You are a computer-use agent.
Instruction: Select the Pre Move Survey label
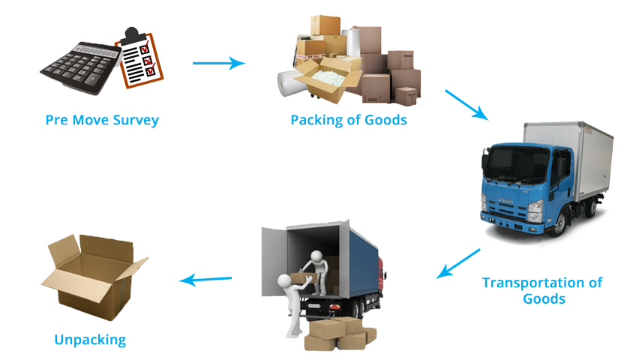(102, 120)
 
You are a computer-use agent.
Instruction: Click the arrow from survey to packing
(218, 63)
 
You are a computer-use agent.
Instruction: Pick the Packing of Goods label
(349, 120)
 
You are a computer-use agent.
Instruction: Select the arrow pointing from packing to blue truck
(466, 105)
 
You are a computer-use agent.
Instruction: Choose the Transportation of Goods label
(541, 290)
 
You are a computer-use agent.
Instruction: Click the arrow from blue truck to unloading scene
(458, 263)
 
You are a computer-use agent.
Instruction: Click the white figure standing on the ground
(289, 300)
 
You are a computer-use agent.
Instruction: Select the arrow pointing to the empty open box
(205, 280)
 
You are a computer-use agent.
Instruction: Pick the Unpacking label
(90, 340)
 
